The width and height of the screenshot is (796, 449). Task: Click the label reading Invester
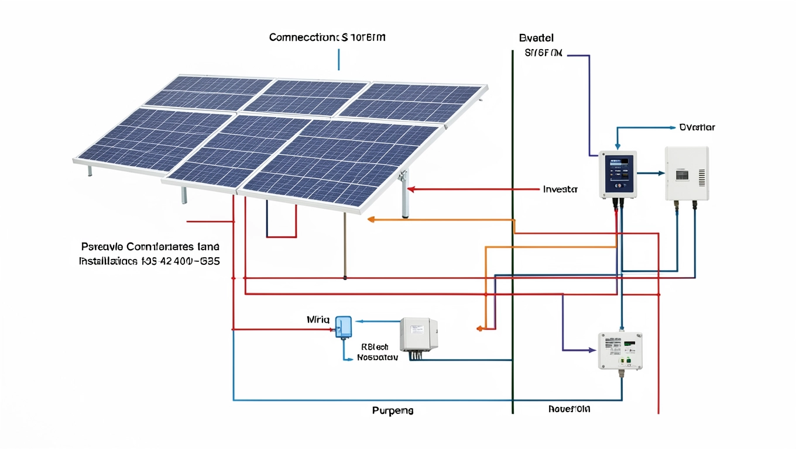tap(560, 189)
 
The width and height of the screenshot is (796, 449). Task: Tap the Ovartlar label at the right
tap(697, 127)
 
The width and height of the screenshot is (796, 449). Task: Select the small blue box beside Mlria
tap(344, 326)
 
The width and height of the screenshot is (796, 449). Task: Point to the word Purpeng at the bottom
tap(393, 410)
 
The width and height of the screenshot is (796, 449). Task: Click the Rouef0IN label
tap(569, 409)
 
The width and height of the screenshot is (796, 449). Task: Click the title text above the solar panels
tap(327, 38)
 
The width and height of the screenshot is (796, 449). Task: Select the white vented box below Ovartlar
tap(687, 174)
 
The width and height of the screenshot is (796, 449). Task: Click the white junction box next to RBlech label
tap(418, 334)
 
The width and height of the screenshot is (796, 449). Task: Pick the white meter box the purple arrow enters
tap(620, 351)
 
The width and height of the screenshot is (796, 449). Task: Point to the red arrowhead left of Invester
tap(411, 189)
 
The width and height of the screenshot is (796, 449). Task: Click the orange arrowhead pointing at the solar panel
tap(370, 219)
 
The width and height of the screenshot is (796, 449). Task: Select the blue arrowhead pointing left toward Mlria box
tap(359, 321)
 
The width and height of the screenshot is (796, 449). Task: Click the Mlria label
tap(318, 320)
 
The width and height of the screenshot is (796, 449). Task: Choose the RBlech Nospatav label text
tap(377, 351)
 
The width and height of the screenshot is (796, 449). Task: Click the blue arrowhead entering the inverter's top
tap(616, 146)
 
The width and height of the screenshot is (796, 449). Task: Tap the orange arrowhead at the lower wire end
tap(479, 328)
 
